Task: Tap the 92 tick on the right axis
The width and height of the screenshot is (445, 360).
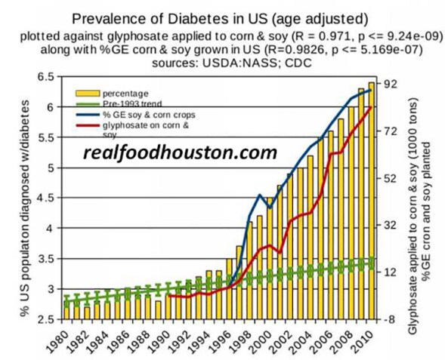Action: click(394, 84)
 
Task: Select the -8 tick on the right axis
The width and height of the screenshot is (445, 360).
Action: click(394, 318)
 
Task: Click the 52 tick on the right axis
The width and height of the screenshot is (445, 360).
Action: click(394, 178)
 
